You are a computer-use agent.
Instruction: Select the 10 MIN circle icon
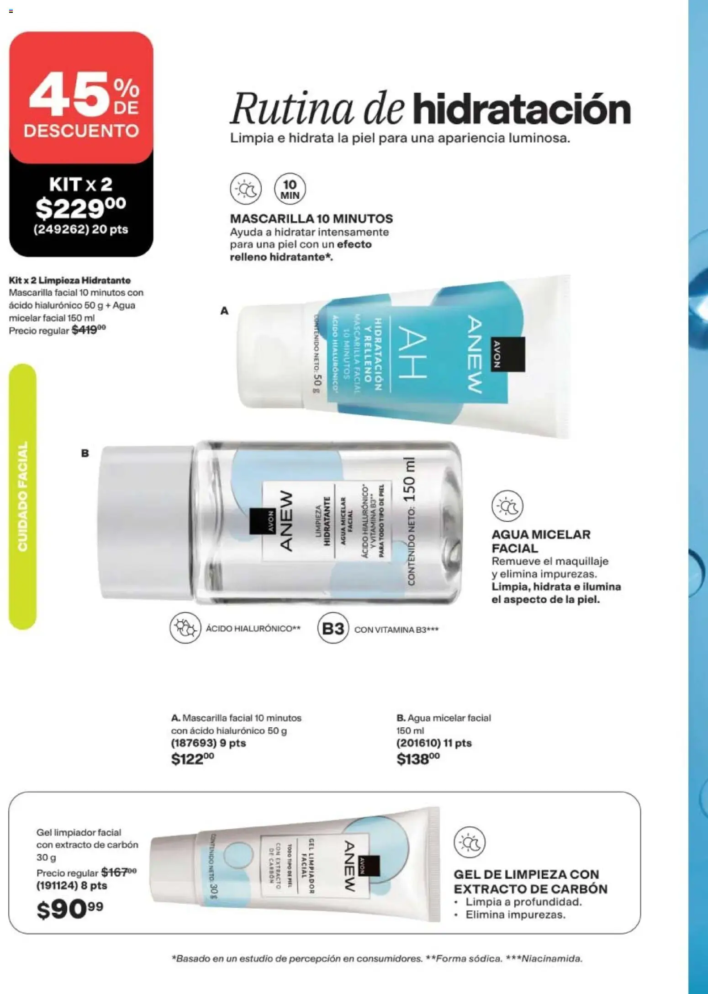pyautogui.click(x=290, y=189)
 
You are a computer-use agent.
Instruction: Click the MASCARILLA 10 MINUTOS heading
pyautogui.click(x=311, y=219)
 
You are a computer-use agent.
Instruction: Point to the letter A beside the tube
pyautogui.click(x=224, y=311)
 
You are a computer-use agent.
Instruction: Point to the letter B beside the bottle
pyautogui.click(x=85, y=454)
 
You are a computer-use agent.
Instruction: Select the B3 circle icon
pyautogui.click(x=333, y=629)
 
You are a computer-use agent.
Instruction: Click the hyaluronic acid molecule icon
pyautogui.click(x=185, y=629)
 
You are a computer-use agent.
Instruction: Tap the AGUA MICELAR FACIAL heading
pyautogui.click(x=541, y=541)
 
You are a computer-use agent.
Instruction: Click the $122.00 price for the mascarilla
pyautogui.click(x=192, y=760)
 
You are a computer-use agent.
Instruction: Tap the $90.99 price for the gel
pyautogui.click(x=70, y=910)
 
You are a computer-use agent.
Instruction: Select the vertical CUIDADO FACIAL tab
pyautogui.click(x=22, y=497)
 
